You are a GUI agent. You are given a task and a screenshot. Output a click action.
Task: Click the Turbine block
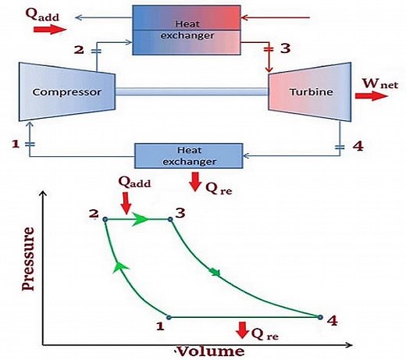click(311, 92)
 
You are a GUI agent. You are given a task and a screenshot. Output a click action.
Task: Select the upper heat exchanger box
click(184, 29)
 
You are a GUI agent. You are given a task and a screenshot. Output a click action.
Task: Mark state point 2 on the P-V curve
click(105, 219)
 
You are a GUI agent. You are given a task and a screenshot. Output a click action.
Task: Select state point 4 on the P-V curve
click(320, 316)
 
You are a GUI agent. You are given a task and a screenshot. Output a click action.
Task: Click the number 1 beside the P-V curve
click(160, 325)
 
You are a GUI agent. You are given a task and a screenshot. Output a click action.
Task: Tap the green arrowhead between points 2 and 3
click(141, 219)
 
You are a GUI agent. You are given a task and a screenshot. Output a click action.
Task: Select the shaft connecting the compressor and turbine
click(192, 92)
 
